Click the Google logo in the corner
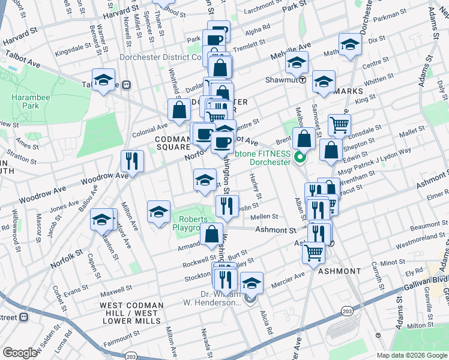[x=20, y=353]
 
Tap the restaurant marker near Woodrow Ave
[x=131, y=161]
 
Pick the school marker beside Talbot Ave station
[x=103, y=80]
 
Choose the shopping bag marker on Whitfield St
[x=179, y=110]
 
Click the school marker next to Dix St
[x=350, y=44]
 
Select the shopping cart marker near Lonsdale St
[x=339, y=125]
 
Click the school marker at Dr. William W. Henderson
[x=251, y=283]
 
